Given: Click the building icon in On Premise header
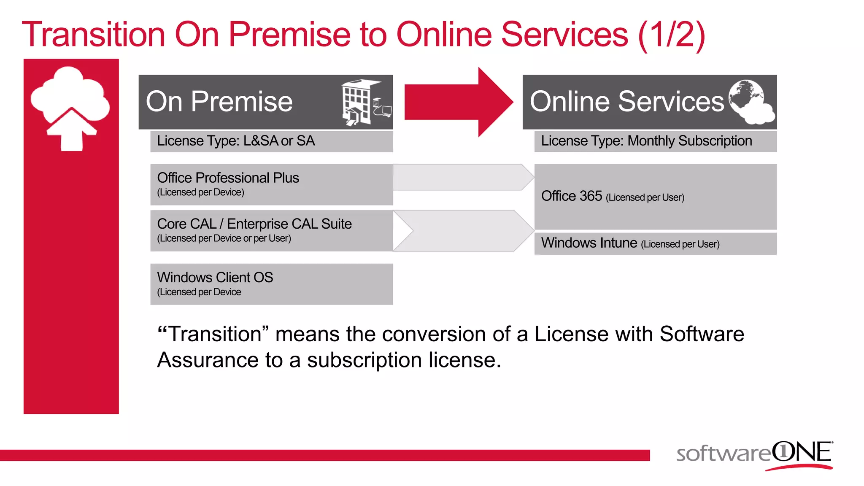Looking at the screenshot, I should click(x=365, y=102).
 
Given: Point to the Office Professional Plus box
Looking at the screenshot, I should click(x=271, y=184).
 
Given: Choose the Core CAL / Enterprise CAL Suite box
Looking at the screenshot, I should click(x=271, y=231).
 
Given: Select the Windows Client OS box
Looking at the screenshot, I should click(x=271, y=284).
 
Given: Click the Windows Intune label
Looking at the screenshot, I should click(x=589, y=243).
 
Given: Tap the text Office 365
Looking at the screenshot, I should click(x=571, y=196).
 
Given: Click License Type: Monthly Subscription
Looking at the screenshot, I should click(x=646, y=141).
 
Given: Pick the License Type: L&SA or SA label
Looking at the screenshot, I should click(x=236, y=141).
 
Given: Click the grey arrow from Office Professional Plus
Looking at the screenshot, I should click(x=462, y=177).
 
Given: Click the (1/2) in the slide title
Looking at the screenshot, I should click(x=672, y=35).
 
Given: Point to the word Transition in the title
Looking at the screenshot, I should click(x=93, y=35).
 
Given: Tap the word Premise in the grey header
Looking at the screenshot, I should click(x=241, y=102).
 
